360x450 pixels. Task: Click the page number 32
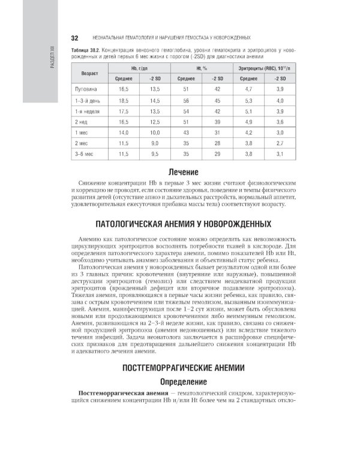[x=74, y=37]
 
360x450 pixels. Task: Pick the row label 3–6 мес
[x=83, y=154]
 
